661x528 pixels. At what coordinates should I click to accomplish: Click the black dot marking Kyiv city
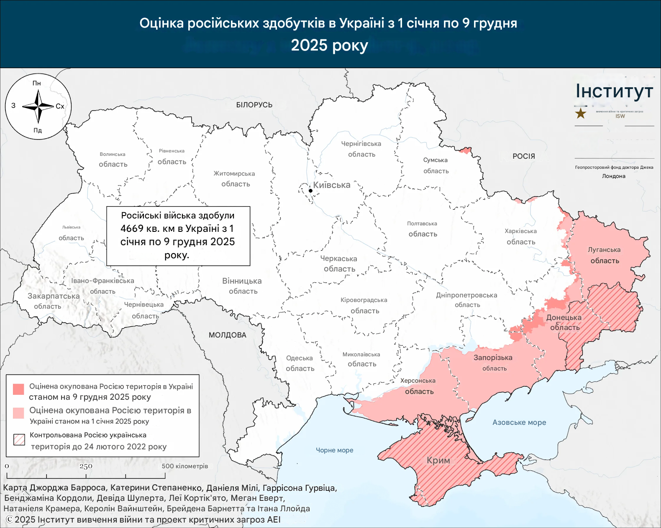pos(310,190)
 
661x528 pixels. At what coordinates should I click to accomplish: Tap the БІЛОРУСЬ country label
pos(254,105)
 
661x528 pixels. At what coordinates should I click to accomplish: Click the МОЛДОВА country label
pos(228,335)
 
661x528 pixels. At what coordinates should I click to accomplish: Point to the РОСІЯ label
pos(524,156)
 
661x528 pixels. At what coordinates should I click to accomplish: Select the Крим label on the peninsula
pos(438,460)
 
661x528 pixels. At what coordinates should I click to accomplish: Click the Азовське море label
pos(519,422)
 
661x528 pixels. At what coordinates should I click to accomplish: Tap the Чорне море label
pos(334,450)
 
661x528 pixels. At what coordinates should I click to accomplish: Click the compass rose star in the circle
pos(38,107)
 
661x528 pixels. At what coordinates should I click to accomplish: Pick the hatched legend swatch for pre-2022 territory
pos(19,439)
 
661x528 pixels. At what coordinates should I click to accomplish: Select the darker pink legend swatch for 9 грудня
pos(18,389)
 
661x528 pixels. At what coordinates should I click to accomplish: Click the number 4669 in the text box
pos(132,228)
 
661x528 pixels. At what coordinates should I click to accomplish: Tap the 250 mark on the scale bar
pos(86,467)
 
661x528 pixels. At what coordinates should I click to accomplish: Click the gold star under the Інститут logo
pos(581,113)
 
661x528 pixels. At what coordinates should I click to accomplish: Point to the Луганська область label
pos(605,255)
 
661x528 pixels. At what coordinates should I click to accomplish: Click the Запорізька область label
pos(493,363)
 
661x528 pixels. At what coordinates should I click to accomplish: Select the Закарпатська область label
pos(53,301)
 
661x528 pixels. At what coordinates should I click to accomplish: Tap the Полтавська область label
pos(423,229)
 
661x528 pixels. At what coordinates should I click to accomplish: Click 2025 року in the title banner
pos(329,46)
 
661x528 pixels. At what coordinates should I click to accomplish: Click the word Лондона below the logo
pos(614,176)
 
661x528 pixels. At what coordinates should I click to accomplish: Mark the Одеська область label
pos(300,363)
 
